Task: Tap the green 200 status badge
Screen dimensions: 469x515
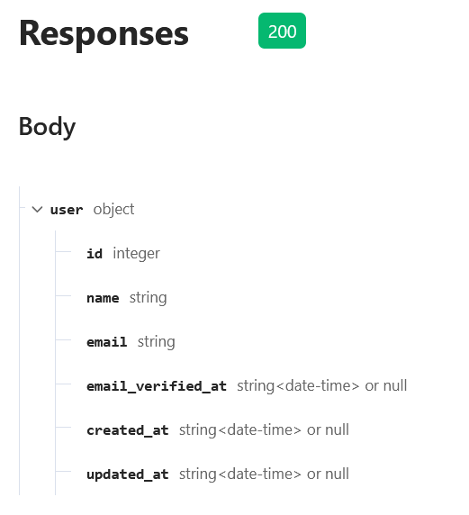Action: pos(282,31)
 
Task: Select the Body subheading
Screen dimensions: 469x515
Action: pos(48,128)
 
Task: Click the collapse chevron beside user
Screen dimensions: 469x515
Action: pos(38,209)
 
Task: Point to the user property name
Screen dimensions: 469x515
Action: pos(67,210)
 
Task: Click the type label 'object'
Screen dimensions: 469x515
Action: pos(113,210)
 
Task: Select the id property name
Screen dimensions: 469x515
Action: pos(95,254)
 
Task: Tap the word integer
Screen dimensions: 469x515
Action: pos(136,254)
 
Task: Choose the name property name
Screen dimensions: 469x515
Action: pos(103,298)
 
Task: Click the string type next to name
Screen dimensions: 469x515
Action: pos(149,298)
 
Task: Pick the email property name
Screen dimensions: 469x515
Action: pos(107,342)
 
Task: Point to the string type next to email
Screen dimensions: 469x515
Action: pos(157,342)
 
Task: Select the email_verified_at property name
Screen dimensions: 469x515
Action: pos(157,386)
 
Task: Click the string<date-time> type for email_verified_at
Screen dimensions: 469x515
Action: pos(298,386)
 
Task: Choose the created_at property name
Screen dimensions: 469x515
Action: pos(128,430)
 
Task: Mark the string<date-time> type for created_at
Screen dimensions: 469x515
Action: pos(240,430)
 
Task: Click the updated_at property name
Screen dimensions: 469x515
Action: pos(128,474)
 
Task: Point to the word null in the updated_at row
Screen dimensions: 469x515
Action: pos(338,474)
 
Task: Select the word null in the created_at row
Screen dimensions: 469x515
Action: pos(338,429)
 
